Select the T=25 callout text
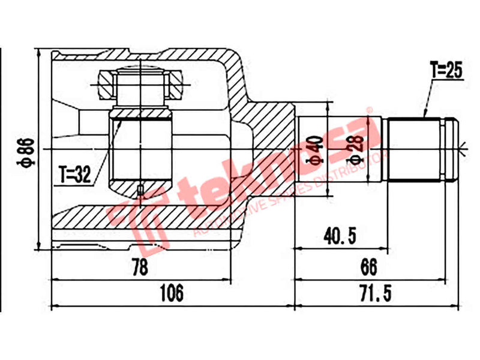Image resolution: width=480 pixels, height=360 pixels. (447, 71)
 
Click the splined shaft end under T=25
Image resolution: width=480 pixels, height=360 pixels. (414, 150)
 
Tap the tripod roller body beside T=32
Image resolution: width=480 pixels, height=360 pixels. (141, 150)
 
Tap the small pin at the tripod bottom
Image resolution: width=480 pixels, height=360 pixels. (140, 190)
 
